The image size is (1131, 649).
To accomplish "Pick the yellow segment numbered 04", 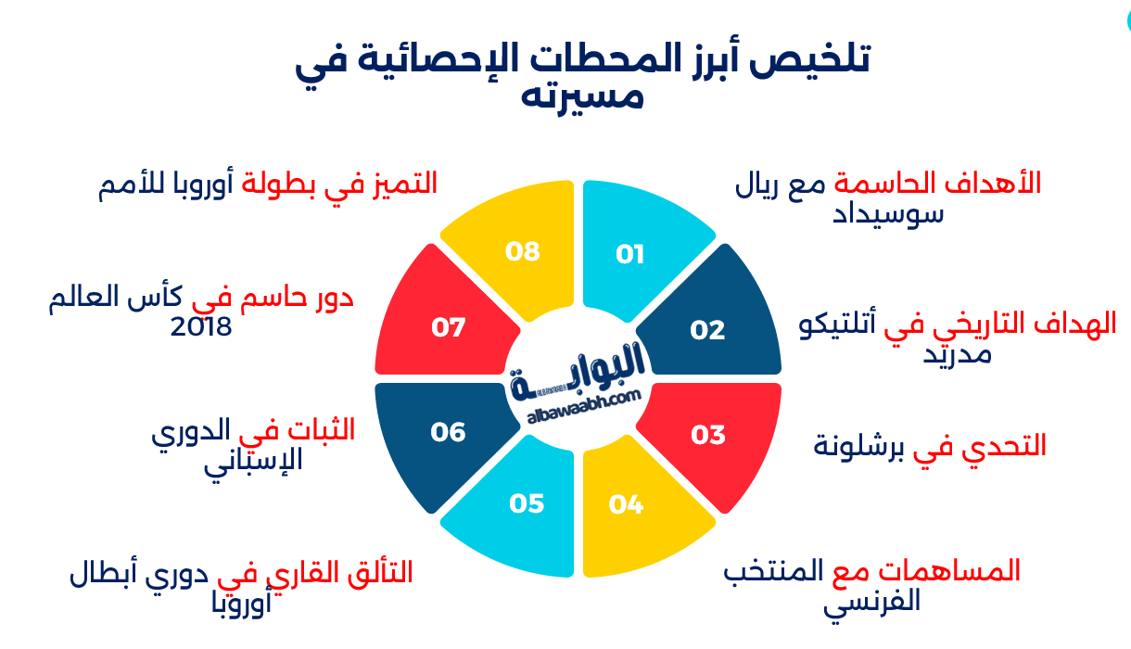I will pyautogui.click(x=640, y=510).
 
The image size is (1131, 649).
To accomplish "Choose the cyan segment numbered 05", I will pyautogui.click(x=515, y=510).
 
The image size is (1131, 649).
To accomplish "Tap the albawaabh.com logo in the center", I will pyautogui.click(x=577, y=380).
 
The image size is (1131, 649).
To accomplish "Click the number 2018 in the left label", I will pyautogui.click(x=200, y=327).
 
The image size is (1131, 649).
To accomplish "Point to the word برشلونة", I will pyautogui.click(x=858, y=446).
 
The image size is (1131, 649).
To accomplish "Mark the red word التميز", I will pyautogui.click(x=404, y=183).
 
